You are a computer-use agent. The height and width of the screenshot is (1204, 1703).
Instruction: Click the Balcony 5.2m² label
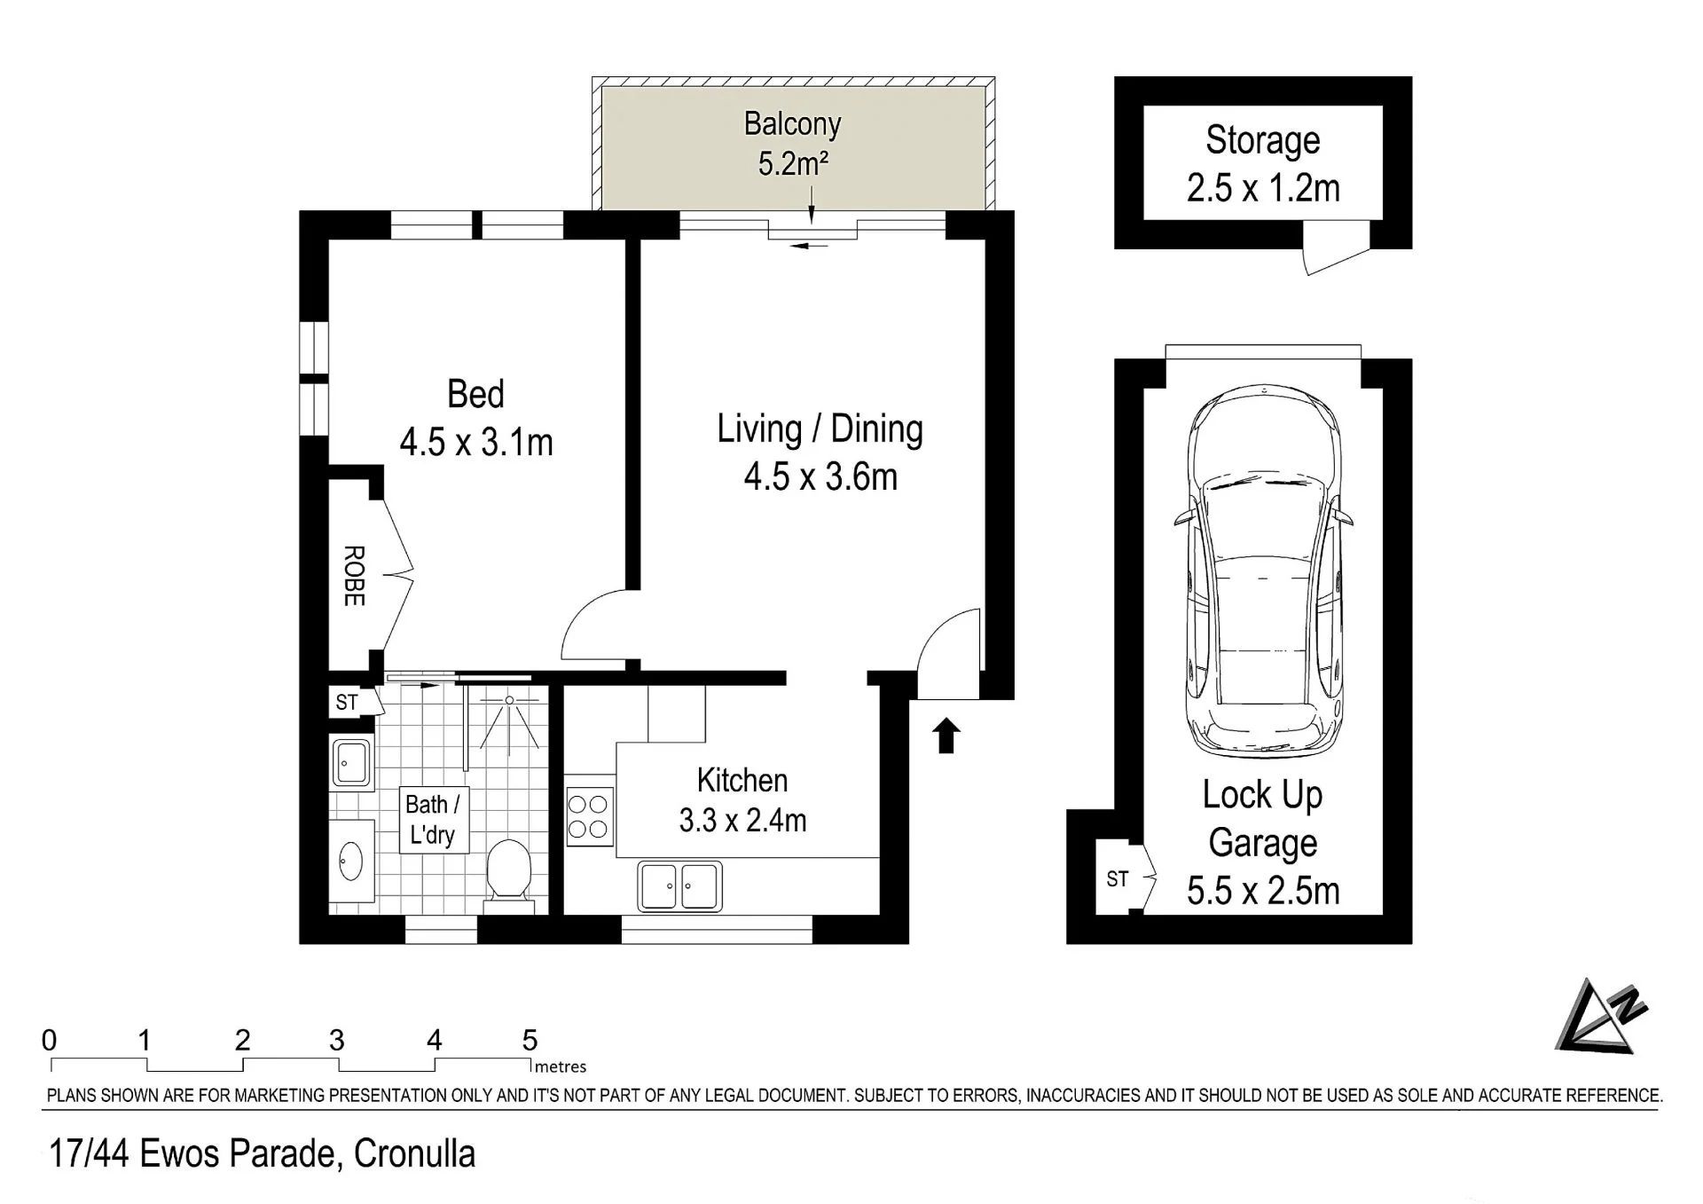coord(792,143)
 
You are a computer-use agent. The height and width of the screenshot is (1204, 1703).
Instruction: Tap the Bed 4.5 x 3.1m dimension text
coord(476,442)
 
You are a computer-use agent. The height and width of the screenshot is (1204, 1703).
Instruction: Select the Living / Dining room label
coord(820,429)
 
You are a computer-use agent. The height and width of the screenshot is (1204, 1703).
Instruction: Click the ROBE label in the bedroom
coord(353,576)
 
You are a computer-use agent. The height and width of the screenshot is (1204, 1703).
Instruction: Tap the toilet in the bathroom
coord(509,875)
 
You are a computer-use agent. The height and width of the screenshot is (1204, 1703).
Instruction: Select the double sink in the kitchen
coord(679,885)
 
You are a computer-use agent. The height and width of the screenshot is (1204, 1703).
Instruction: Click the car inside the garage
coord(1263,571)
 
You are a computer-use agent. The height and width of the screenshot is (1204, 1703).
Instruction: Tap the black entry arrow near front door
coord(947,736)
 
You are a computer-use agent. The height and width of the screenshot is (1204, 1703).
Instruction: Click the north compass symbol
coord(1602,1017)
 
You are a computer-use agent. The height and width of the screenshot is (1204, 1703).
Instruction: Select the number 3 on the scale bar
coord(336,1040)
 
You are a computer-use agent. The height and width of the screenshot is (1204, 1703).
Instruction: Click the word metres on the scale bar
coord(561,1066)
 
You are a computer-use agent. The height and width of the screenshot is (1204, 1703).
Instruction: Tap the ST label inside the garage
coord(1118,878)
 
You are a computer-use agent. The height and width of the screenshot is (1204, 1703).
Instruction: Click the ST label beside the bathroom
coord(347,703)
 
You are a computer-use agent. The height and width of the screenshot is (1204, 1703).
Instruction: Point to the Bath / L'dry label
coord(432,820)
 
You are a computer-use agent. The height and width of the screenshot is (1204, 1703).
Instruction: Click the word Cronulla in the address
coord(414,1153)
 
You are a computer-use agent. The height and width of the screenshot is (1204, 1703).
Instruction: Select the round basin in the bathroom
coord(352,860)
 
